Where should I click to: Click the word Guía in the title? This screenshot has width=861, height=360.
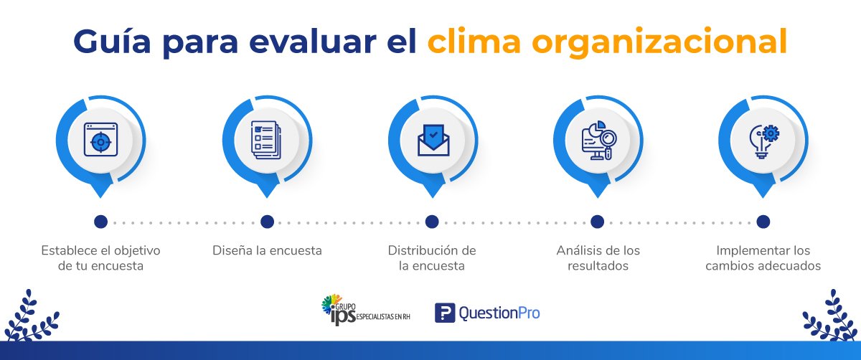pos(111,41)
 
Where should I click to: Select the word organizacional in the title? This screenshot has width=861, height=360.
pos(659,42)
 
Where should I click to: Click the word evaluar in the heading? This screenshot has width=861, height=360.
pos(313,41)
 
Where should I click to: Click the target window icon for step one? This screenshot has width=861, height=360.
pos(100,139)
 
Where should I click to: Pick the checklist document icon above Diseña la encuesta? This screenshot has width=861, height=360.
pos(266,141)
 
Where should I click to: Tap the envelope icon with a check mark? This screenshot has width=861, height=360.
pos(433,141)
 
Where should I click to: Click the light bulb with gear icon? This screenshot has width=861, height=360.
pos(764,141)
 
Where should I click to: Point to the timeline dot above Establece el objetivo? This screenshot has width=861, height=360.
pos(100,222)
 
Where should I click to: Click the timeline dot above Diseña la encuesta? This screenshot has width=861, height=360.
pos(267,222)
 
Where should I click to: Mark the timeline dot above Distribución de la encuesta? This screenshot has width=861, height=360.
pos(432,222)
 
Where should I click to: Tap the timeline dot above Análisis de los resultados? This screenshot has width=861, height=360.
pos(597,222)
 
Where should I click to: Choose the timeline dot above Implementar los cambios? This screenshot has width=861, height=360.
pos(763,222)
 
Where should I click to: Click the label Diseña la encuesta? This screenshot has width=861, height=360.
pos(267,250)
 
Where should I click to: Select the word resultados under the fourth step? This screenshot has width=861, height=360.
pos(598,266)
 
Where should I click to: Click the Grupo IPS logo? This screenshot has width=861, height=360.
pos(365,310)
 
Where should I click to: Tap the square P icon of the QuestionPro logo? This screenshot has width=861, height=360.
pos(445,313)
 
